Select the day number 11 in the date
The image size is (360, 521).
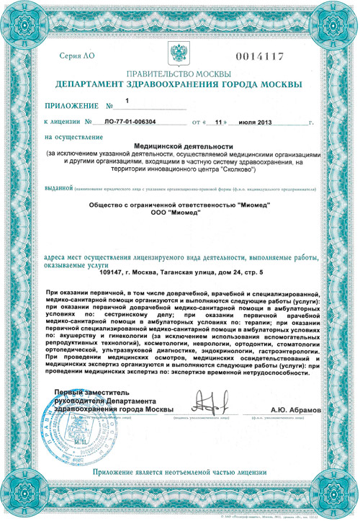(x=221, y=123)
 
